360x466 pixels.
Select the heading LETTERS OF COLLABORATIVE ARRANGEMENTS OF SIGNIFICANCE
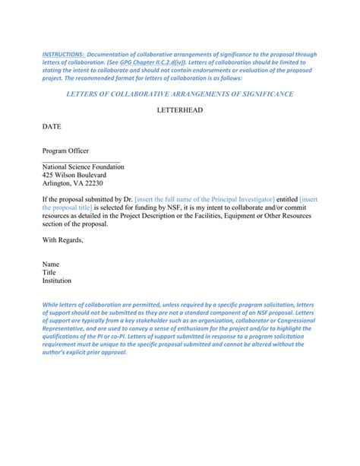click(180, 94)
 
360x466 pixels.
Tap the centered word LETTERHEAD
click(179, 110)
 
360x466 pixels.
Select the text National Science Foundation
click(84, 167)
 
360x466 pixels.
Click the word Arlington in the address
click(58, 184)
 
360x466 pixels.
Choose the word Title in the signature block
click(49, 273)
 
